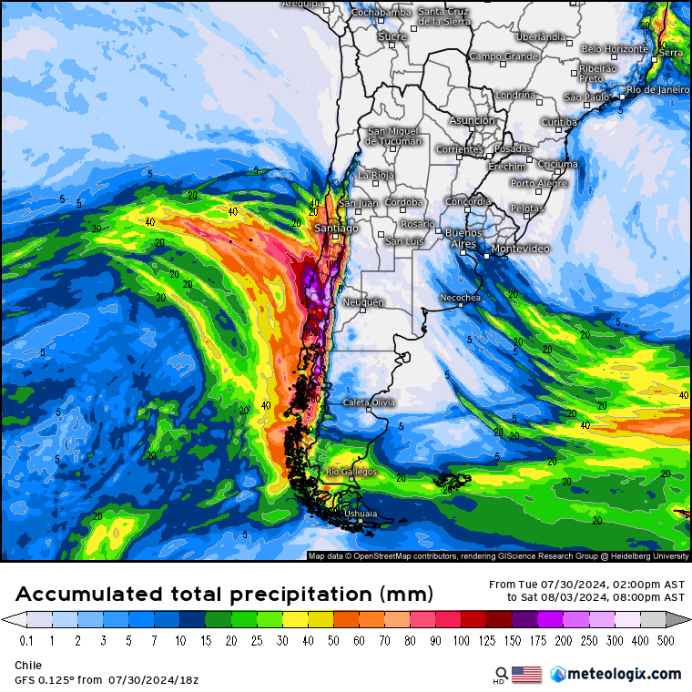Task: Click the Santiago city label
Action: [335, 229]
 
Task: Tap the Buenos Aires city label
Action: [462, 239]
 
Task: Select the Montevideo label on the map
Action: [520, 249]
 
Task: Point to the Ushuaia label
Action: [359, 514]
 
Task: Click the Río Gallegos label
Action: [345, 471]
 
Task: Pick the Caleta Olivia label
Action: [367, 402]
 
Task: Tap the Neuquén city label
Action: [362, 301]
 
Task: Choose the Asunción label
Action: [472, 120]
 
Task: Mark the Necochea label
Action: [460, 298]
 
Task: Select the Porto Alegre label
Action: [538, 183]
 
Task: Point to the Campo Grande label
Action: [504, 56]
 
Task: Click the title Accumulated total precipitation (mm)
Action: [224, 595]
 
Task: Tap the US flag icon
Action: [526, 674]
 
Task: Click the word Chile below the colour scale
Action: [27, 666]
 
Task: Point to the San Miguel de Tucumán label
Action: [393, 136]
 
